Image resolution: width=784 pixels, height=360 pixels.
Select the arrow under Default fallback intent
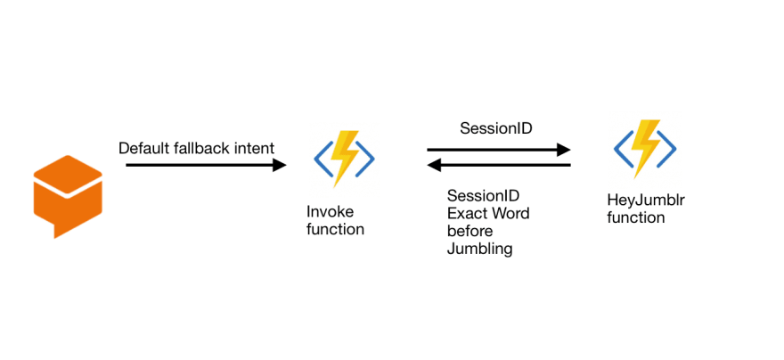click(x=206, y=165)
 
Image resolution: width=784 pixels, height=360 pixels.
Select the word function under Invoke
click(x=335, y=230)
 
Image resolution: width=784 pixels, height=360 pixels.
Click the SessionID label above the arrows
click(x=496, y=128)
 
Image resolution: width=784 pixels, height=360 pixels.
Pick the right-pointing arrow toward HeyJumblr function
click(x=499, y=149)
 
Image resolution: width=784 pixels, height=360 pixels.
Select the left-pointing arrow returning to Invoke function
click(x=499, y=165)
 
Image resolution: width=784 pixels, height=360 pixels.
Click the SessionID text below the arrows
click(x=483, y=195)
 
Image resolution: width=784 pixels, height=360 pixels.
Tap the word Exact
click(x=466, y=214)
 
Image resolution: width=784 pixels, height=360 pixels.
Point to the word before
click(x=470, y=232)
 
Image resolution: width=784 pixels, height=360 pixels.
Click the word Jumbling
click(x=479, y=249)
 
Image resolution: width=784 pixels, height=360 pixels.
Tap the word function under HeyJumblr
click(x=635, y=218)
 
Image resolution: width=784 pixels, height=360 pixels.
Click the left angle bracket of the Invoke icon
click(x=323, y=159)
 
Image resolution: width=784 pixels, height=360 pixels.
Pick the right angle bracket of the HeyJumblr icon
click(x=666, y=149)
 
